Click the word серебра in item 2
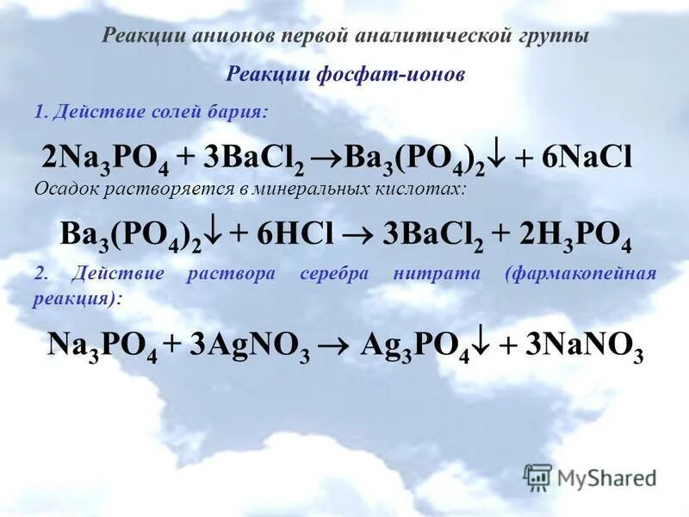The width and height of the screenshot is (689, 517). tap(333, 274)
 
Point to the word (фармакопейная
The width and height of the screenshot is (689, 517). tap(582, 274)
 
